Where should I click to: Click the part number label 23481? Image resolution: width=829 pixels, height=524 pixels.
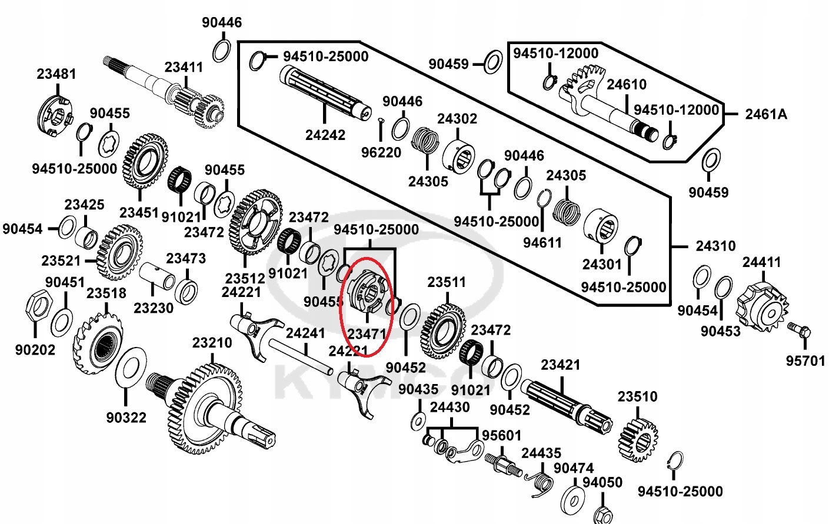pyautogui.click(x=56, y=74)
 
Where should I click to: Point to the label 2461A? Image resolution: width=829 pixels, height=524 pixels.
pyautogui.click(x=765, y=114)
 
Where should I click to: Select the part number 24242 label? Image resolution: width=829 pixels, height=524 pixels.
pyautogui.click(x=325, y=135)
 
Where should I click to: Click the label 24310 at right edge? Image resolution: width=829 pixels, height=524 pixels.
pyautogui.click(x=715, y=246)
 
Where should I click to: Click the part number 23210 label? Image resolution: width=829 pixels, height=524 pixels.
pyautogui.click(x=212, y=343)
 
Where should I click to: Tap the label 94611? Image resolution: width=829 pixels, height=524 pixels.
pyautogui.click(x=542, y=242)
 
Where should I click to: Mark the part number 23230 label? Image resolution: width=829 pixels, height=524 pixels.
pyautogui.click(x=154, y=308)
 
